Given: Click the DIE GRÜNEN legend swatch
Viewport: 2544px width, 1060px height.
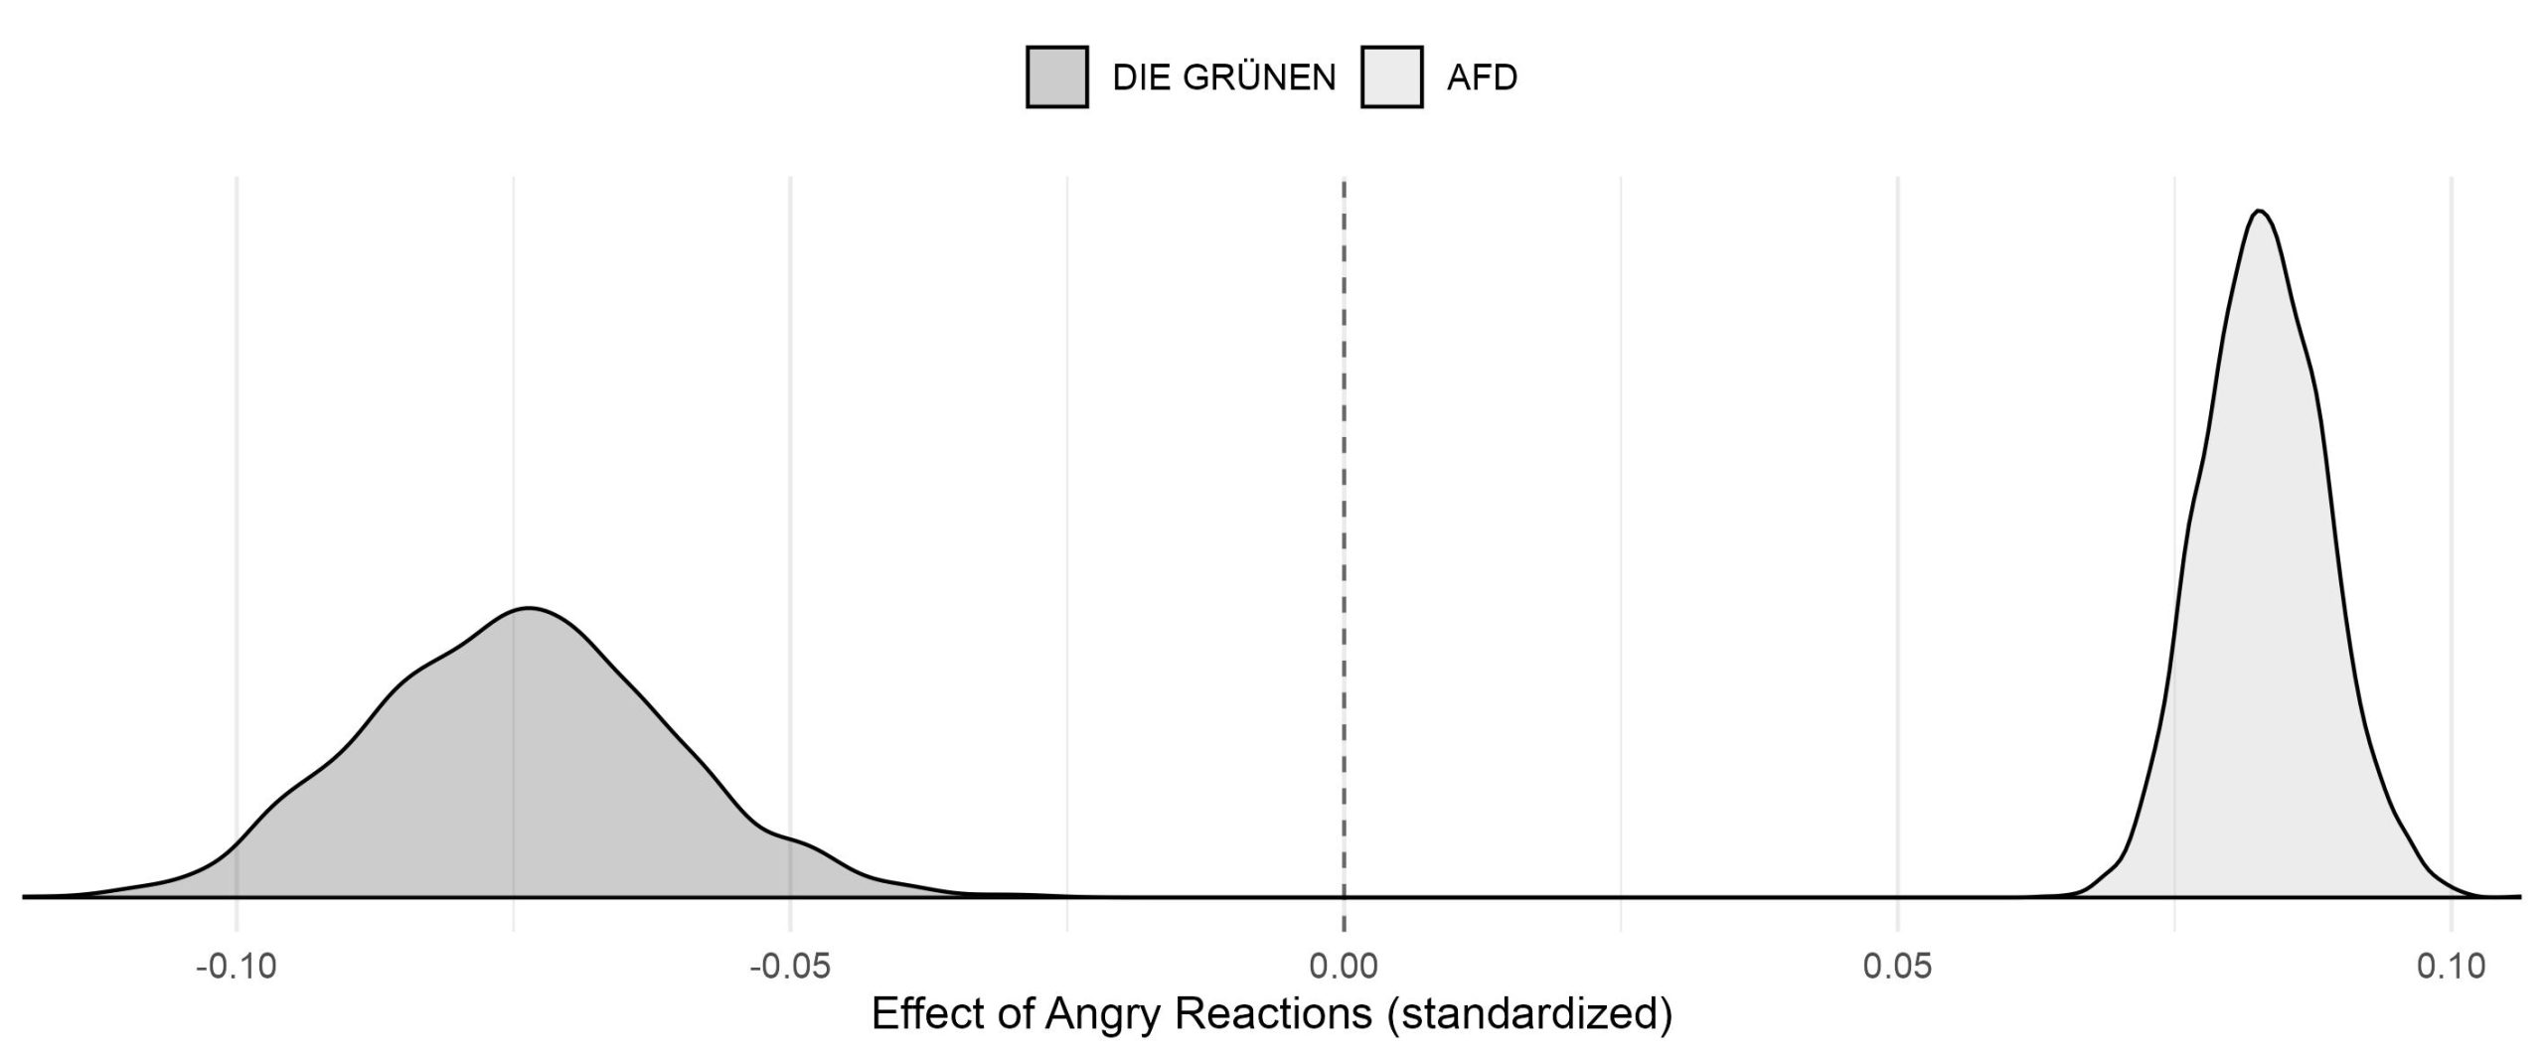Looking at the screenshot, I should click(1056, 76).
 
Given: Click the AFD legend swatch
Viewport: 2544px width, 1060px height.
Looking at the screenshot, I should click(1391, 76).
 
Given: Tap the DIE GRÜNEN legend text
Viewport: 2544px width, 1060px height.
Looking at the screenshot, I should click(1223, 77).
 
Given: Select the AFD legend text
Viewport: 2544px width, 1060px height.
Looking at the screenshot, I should click(1482, 77).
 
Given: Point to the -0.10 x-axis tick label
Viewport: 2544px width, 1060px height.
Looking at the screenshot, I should click(236, 966).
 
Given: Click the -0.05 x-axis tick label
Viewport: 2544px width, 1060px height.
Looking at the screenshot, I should click(789, 966).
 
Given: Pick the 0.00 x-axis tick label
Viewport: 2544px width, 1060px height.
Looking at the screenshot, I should click(1344, 966).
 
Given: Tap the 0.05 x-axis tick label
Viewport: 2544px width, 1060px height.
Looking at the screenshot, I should click(1898, 966).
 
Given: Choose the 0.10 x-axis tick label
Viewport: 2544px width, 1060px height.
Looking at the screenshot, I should click(2451, 966).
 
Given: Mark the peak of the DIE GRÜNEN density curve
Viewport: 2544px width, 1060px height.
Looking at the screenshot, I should click(529, 607).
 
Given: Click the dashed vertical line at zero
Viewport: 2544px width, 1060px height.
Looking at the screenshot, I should click(1344, 497).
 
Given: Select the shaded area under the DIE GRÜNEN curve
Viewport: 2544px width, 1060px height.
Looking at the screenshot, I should click(527, 775).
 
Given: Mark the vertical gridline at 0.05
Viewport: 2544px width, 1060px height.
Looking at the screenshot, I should click(1898, 497).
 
